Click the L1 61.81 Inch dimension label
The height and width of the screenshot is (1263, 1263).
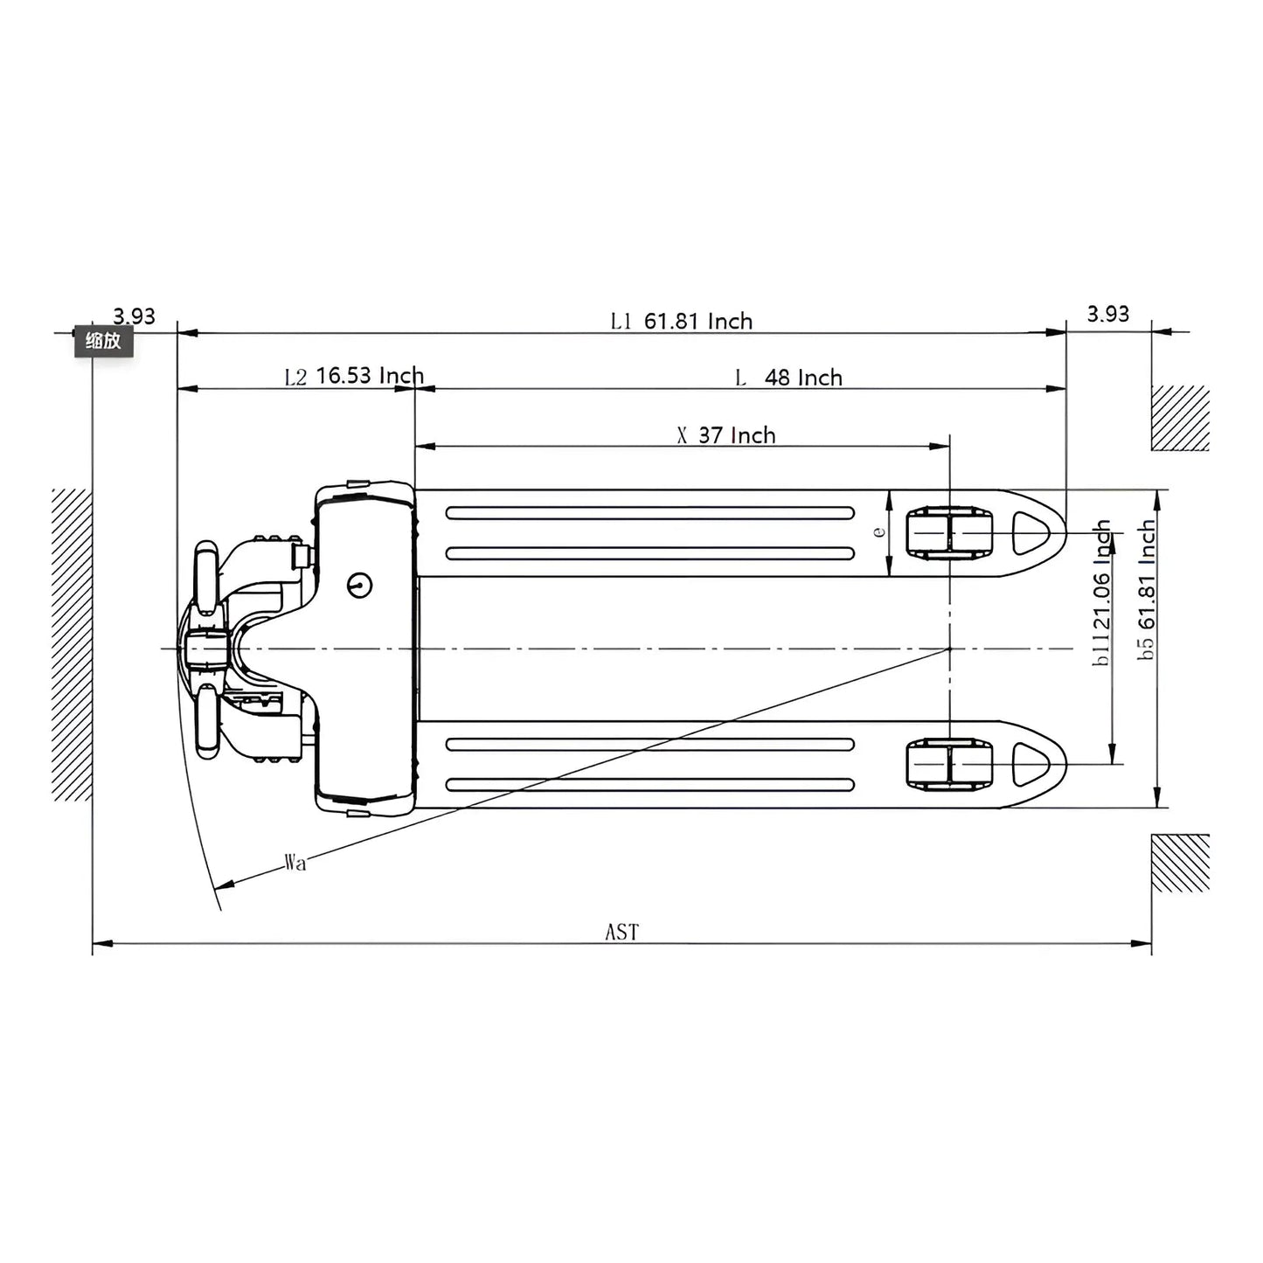pos(681,322)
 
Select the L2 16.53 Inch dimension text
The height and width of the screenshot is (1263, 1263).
pos(354,377)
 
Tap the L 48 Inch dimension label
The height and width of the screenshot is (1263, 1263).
pos(788,378)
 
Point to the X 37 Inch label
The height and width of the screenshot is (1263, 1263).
pos(726,435)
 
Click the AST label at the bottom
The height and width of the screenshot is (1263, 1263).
pos(621,933)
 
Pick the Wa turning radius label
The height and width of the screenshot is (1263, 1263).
pos(295,864)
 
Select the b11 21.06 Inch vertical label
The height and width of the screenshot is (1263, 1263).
pos(1102,593)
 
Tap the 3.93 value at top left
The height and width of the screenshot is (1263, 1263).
pos(134,316)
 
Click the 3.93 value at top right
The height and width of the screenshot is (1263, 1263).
pos(1107,314)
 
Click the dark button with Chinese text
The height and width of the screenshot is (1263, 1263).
pos(103,342)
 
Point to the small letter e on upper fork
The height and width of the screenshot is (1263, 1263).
pos(880,531)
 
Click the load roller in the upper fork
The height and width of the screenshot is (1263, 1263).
pos(949,533)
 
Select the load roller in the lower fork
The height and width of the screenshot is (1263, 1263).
pos(949,764)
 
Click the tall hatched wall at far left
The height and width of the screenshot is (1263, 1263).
pos(72,644)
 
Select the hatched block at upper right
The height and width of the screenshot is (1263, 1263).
pos(1180,418)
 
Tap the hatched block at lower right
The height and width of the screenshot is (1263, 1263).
pos(1180,863)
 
